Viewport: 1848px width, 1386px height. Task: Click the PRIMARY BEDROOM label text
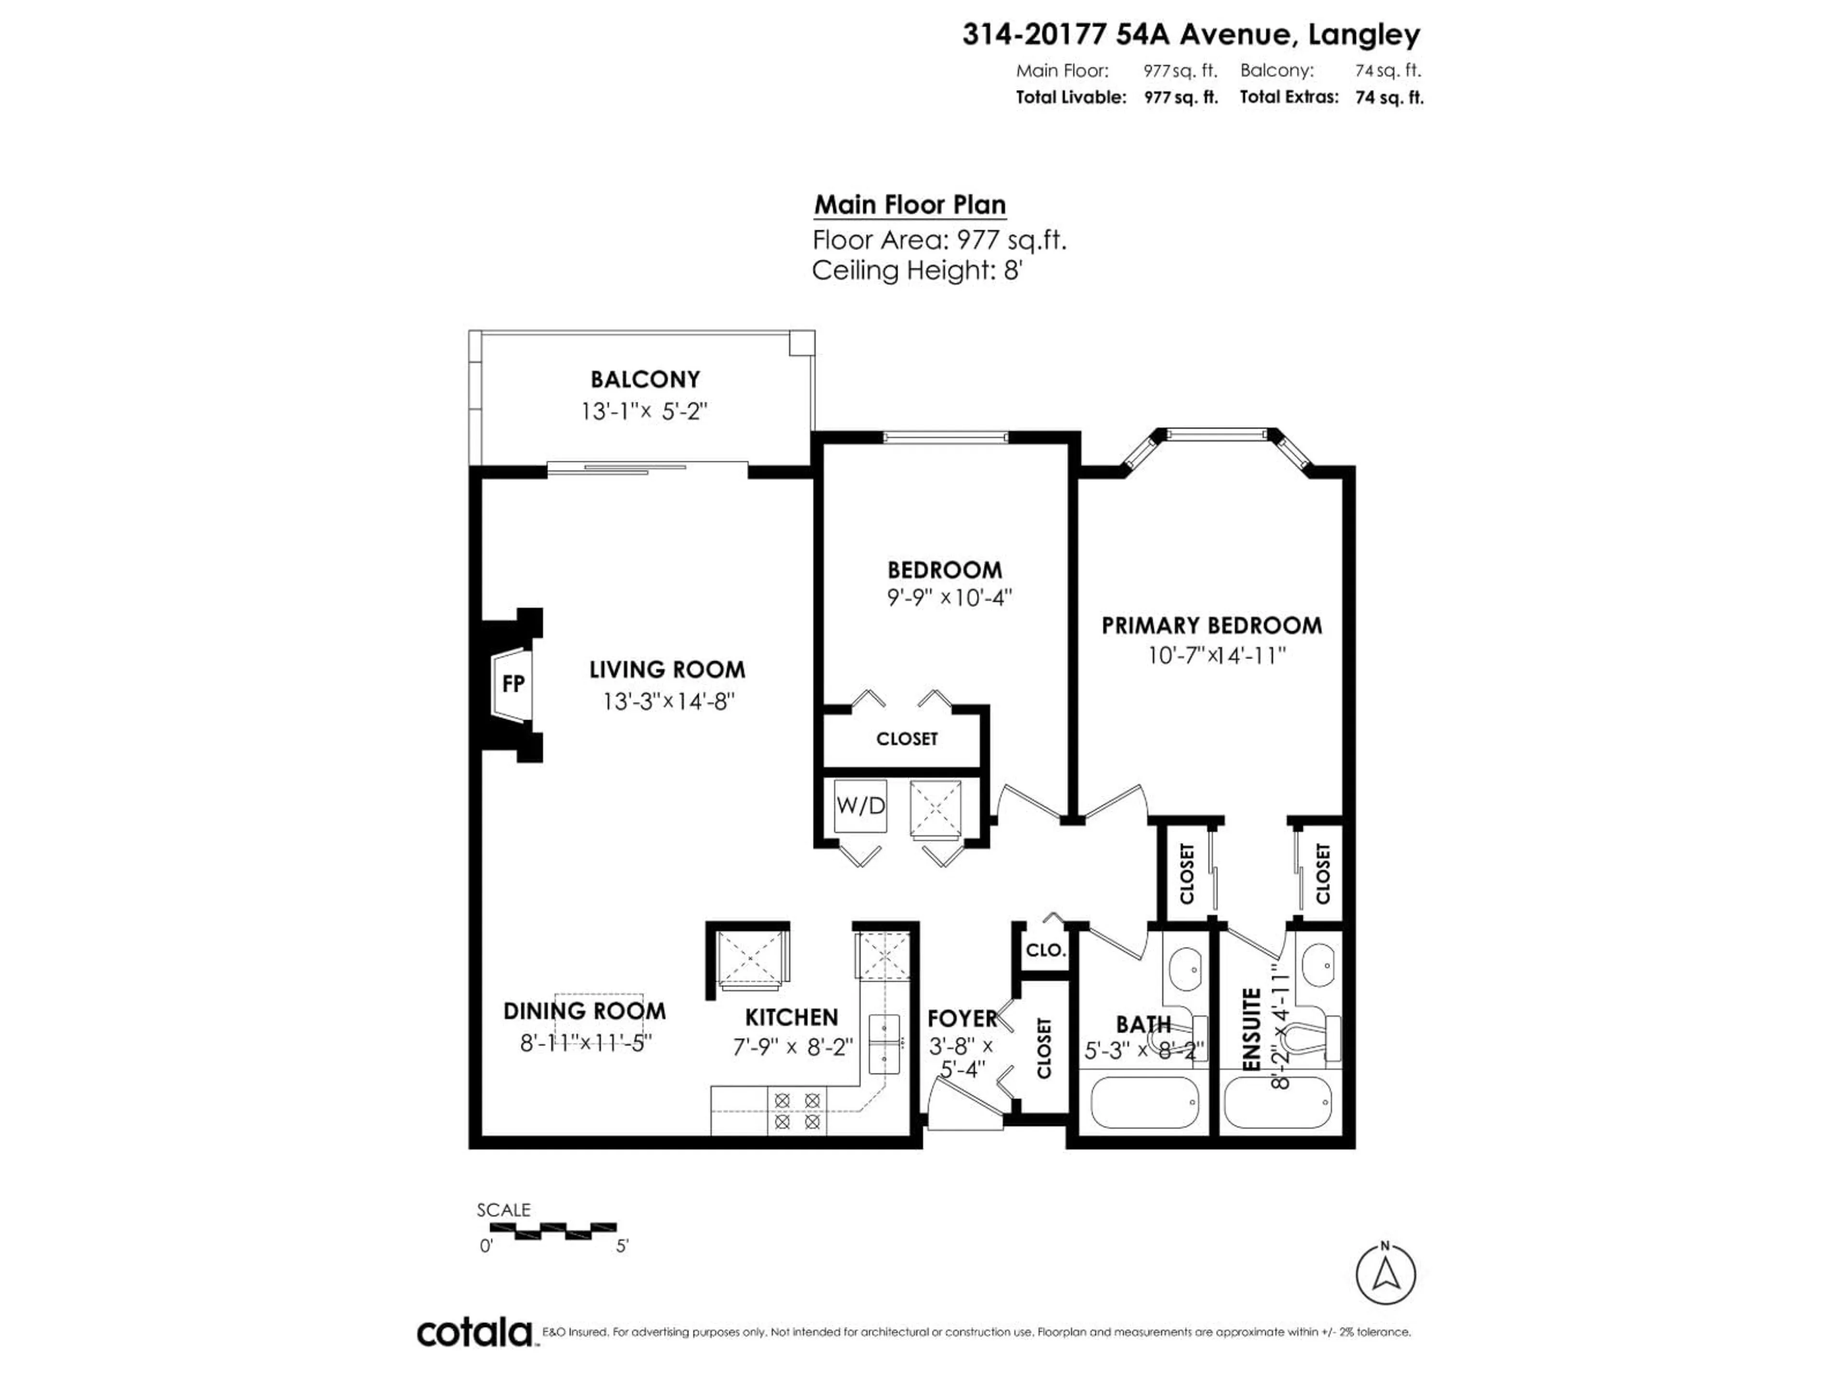pyautogui.click(x=1211, y=626)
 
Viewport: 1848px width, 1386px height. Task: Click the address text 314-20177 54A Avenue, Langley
pyautogui.click(x=1191, y=35)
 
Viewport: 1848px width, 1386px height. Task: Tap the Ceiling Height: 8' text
pyautogui.click(x=916, y=270)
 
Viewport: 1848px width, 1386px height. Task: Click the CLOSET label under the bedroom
pyautogui.click(x=907, y=739)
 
